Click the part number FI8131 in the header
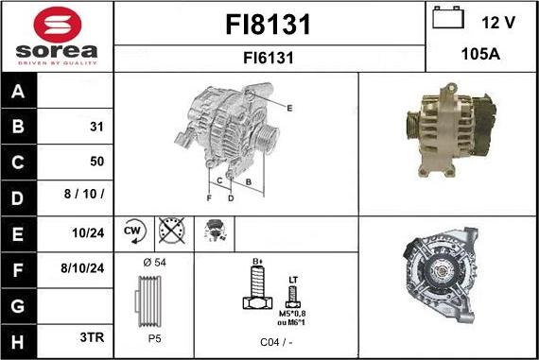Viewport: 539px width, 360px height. [269, 25]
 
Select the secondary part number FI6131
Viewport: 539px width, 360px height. [269, 58]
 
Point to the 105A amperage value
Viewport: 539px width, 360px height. [480, 55]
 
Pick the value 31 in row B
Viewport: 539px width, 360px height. [96, 127]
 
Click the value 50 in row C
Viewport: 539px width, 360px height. [96, 161]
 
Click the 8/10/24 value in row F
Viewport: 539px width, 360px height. [82, 267]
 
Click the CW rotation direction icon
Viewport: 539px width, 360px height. [132, 230]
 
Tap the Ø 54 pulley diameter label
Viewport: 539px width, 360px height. [153, 262]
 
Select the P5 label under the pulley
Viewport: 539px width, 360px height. [153, 337]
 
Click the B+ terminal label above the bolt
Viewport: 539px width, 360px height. [255, 261]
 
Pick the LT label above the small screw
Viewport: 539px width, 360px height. [292, 280]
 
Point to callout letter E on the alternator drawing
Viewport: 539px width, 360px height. [289, 109]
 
